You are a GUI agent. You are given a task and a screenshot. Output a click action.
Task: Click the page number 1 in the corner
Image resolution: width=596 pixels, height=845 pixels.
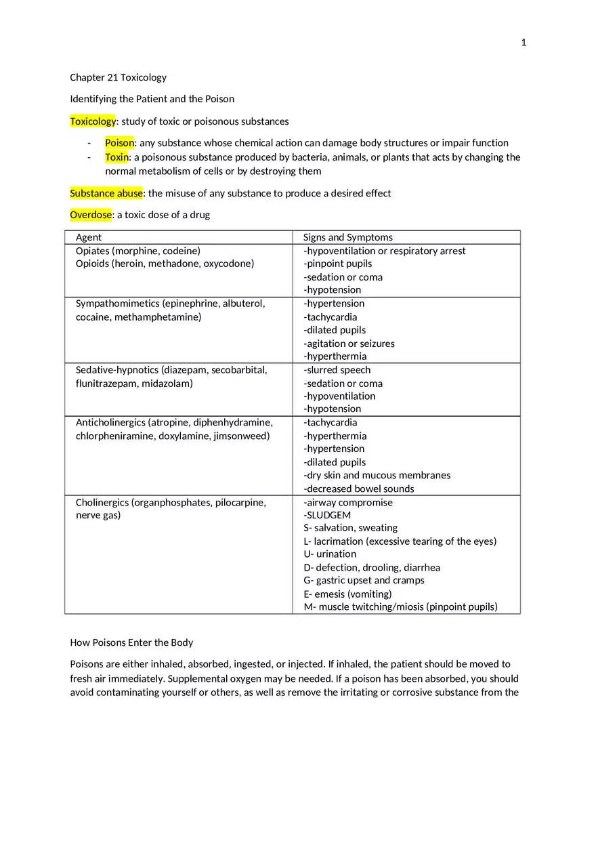[x=524, y=43]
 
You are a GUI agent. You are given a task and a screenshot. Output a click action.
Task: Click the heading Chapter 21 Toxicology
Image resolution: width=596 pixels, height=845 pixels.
[x=118, y=77]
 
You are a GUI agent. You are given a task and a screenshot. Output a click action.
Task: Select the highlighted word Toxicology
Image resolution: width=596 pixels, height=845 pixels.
[x=93, y=121]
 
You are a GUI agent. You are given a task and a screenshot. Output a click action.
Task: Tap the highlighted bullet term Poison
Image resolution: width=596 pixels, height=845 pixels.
[x=119, y=143]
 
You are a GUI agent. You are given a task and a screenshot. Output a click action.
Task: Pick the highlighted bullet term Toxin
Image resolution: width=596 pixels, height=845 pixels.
[x=116, y=157]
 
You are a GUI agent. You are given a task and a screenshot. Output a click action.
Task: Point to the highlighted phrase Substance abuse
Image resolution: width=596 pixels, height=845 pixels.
[x=106, y=193]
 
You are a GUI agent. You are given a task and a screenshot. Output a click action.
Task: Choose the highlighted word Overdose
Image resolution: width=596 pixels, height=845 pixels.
[x=91, y=215]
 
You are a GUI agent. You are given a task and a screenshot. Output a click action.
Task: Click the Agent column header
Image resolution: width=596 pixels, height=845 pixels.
[x=89, y=237]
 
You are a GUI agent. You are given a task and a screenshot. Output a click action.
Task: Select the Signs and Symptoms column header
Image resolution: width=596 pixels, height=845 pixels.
[x=347, y=237]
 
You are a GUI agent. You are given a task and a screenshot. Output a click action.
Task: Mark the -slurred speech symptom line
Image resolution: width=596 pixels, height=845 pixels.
[x=337, y=370]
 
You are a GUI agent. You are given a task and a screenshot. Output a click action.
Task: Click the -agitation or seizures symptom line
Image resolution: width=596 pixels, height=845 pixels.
[x=349, y=344]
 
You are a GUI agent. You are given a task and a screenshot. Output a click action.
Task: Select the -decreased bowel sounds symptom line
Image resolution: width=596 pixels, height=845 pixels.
[x=358, y=489]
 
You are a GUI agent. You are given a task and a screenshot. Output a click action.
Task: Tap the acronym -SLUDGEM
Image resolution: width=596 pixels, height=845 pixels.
[x=327, y=515]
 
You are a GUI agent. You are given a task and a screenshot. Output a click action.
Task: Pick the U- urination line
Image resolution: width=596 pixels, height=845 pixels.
[x=329, y=554]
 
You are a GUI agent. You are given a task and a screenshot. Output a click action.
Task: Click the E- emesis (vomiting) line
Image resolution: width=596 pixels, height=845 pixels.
[x=347, y=594]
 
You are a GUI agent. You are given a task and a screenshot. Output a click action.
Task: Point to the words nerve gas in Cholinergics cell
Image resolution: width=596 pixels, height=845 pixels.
[x=98, y=515]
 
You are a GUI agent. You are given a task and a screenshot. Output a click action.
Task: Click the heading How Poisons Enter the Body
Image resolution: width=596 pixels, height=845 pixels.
[x=131, y=642]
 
